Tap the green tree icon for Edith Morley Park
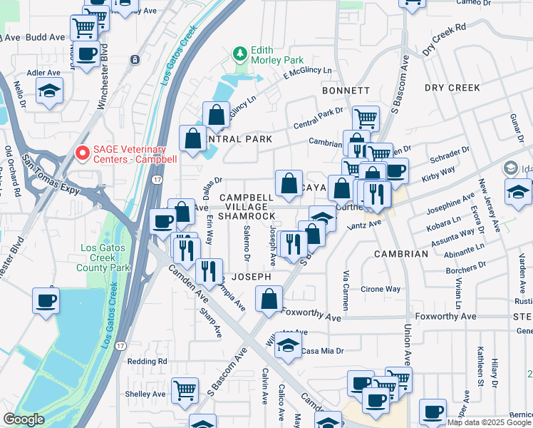tap(241, 53)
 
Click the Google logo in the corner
tap(24, 419)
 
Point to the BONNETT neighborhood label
tap(346, 91)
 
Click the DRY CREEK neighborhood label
tap(453, 87)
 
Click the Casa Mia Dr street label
tap(323, 350)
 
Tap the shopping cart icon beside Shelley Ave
tap(185, 389)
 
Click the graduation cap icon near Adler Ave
tap(49, 90)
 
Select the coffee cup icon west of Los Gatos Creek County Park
tap(46, 300)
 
